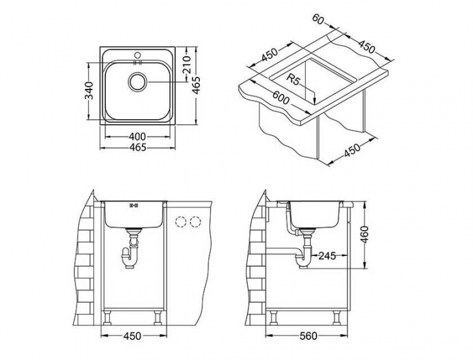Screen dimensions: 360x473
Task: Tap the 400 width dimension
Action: tap(137, 136)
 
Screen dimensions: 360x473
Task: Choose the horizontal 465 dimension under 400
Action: tap(137, 148)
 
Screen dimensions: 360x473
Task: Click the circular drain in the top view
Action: tap(137, 81)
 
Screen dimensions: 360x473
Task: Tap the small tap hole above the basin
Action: tap(137, 54)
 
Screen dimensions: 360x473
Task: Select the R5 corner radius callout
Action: tap(293, 79)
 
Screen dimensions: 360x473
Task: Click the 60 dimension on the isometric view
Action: tap(318, 21)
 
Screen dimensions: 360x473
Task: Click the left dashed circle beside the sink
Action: tap(181, 222)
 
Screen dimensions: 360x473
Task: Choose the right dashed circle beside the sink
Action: tap(196, 222)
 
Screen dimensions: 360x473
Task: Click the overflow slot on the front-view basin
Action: tap(133, 205)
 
